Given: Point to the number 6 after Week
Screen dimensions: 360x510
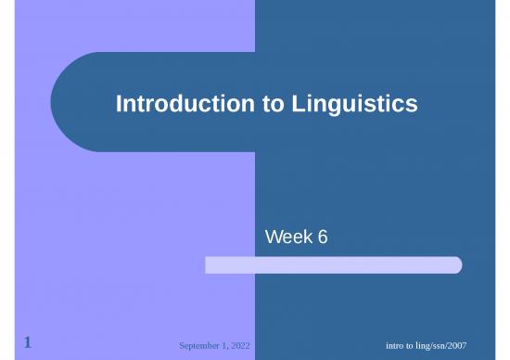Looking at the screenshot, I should tap(322, 239).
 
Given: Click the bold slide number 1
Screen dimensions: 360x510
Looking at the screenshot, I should tap(29, 343).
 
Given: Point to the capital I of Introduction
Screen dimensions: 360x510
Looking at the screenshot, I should tap(119, 106).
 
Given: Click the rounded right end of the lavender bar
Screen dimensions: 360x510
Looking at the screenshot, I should tap(455, 265).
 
